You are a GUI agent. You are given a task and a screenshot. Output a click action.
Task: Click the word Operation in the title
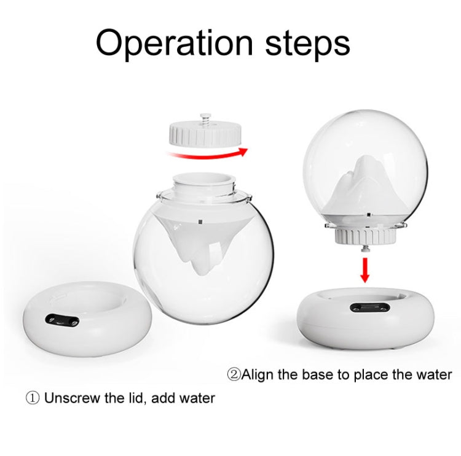click(174, 42)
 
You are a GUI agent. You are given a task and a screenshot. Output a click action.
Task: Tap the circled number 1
click(32, 398)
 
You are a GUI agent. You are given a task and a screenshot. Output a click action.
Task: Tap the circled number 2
click(234, 374)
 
